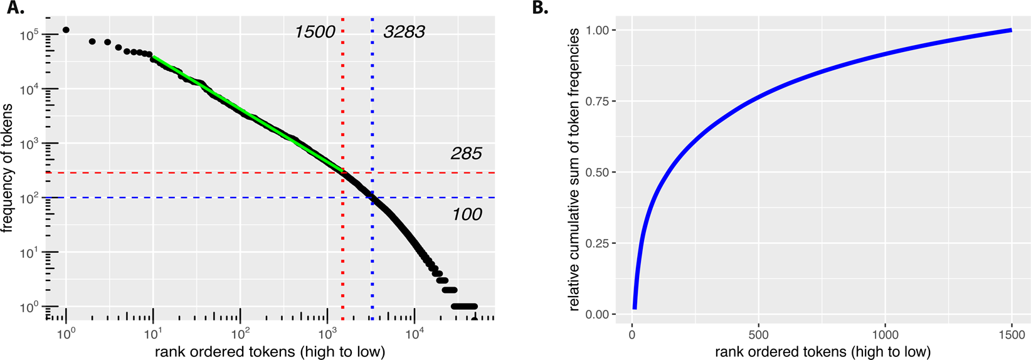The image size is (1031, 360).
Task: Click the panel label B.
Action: (540, 9)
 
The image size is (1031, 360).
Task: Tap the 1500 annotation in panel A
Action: (315, 32)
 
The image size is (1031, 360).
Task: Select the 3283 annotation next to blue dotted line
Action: (404, 32)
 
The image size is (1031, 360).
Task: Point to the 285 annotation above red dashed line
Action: (466, 154)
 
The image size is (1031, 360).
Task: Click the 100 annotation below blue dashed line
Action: (467, 214)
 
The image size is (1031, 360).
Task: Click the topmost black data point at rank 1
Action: (66, 30)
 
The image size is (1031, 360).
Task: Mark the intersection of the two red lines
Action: (342, 172)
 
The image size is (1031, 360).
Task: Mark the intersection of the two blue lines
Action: (373, 198)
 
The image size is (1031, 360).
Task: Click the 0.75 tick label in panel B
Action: (596, 102)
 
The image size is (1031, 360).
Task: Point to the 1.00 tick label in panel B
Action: (596, 31)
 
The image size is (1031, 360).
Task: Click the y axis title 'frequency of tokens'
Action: (8, 168)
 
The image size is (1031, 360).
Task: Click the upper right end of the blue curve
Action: (1010, 30)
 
